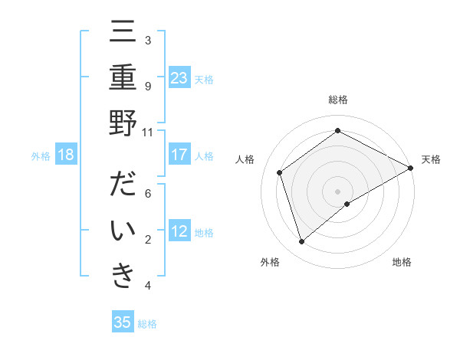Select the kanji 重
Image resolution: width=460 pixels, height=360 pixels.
tap(123, 79)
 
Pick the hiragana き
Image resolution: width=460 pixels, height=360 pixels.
tap(123, 276)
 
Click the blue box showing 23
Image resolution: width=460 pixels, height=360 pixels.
tap(179, 77)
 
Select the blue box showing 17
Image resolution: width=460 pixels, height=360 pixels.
tap(179, 155)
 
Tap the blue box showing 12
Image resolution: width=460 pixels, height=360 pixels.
tap(179, 231)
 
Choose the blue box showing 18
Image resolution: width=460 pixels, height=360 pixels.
tap(66, 155)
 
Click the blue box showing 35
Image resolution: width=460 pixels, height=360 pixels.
tap(123, 322)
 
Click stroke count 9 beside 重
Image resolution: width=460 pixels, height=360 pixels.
tap(147, 86)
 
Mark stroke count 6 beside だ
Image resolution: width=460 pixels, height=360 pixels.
tap(147, 194)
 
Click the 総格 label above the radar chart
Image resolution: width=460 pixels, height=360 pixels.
tap(337, 100)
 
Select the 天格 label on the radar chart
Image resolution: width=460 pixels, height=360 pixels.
tap(432, 159)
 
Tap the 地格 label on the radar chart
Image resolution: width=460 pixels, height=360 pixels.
tap(402, 262)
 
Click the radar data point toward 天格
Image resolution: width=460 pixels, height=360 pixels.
tap(411, 169)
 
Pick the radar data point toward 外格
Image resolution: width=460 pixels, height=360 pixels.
tap(302, 242)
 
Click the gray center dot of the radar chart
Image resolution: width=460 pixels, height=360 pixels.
tap(337, 190)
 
